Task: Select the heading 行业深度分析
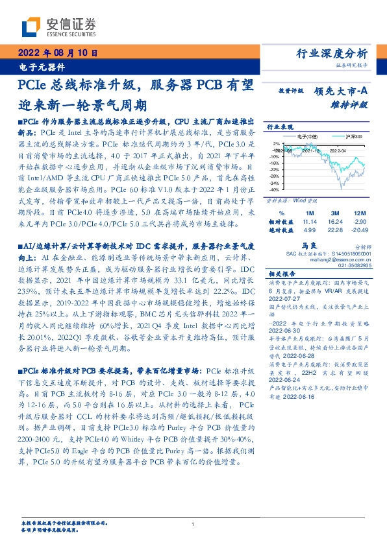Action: click(x=332, y=54)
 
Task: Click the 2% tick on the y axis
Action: click(x=277, y=144)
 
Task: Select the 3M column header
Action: click(x=336, y=212)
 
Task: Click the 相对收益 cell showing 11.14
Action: click(x=309, y=221)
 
